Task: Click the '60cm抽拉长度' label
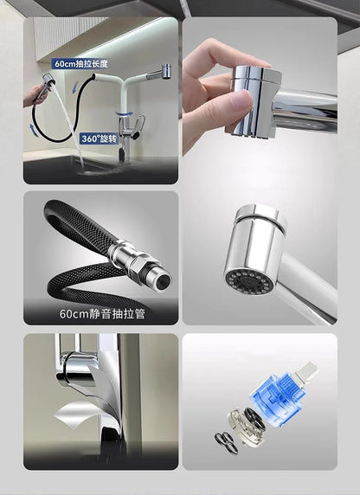coord(80,64)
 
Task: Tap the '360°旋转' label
coord(100,139)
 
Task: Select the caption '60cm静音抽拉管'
coord(102,314)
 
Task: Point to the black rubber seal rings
coord(226,442)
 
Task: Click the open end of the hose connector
coord(164,280)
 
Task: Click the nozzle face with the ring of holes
coord(249,280)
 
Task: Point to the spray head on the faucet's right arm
coord(165,70)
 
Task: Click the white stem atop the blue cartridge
coord(305,371)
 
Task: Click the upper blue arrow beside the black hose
coord(74,87)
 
